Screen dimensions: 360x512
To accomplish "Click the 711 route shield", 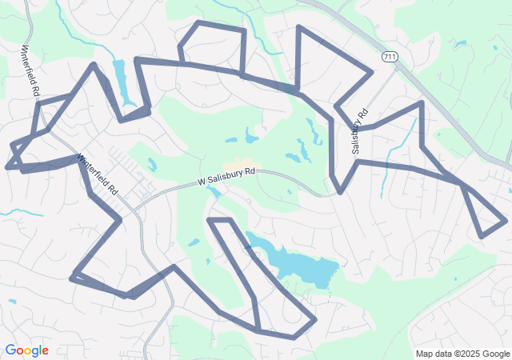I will pyautogui.click(x=389, y=57).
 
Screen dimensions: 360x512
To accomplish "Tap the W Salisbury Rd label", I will pyautogui.click(x=227, y=177).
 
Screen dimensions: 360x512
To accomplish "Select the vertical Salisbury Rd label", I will pyautogui.click(x=359, y=131).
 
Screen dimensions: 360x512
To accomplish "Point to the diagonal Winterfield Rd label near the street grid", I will pyautogui.click(x=97, y=175).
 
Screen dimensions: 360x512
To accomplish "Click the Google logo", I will pyautogui.click(x=26, y=350).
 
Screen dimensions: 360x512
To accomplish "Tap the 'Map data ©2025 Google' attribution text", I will pyautogui.click(x=462, y=354).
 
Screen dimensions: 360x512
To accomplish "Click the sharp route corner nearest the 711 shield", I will pyautogui.click(x=372, y=72).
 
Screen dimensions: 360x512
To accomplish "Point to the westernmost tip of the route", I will pyautogui.click(x=7, y=168).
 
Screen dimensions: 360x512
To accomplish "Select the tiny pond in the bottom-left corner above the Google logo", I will pyautogui.click(x=12, y=302).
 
